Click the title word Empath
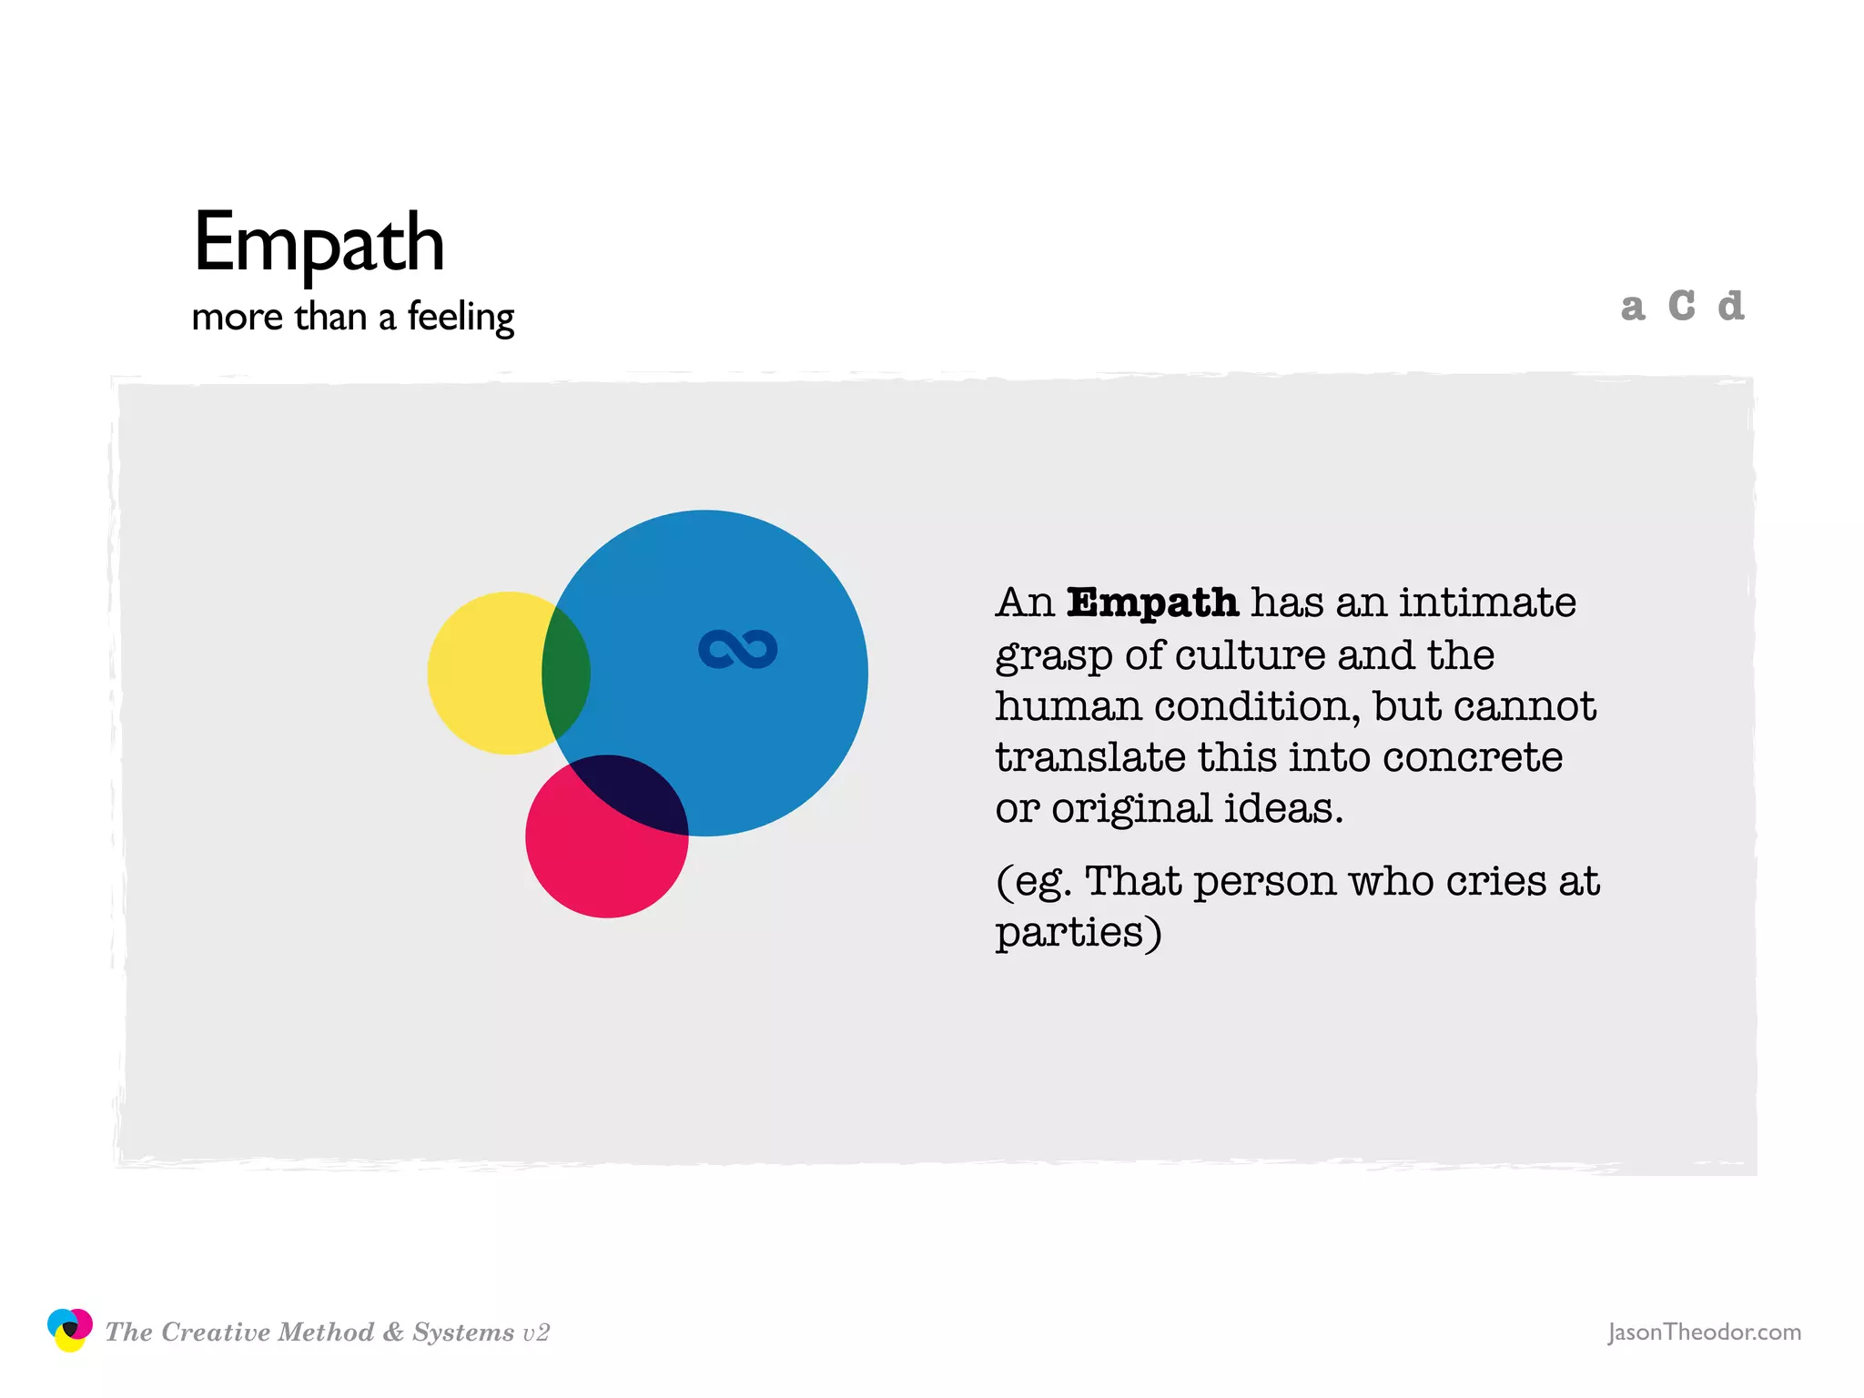pos(319,242)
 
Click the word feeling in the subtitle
pos(461,318)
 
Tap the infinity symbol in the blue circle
pos(737,649)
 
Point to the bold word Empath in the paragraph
pos(1152,603)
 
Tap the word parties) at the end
pos(1079,932)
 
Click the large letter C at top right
pos(1681,306)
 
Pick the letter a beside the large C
pos(1633,308)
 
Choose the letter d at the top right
pos(1730,306)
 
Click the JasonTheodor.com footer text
pos(1704,1332)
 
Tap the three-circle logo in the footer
pos(70,1330)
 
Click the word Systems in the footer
pos(463,1332)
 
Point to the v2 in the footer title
pos(536,1332)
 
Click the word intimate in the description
pos(1487,603)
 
